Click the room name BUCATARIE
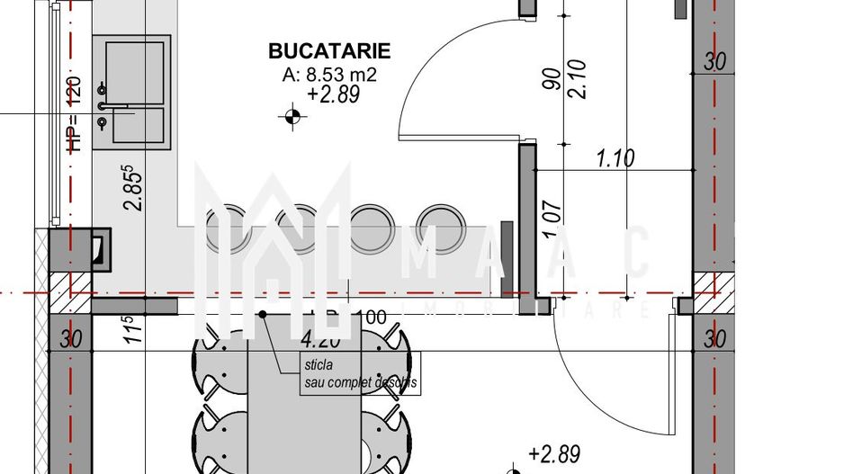pos(328,51)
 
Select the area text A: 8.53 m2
pos(328,76)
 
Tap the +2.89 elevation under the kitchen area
pos(333,95)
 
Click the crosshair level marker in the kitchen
pos(292,115)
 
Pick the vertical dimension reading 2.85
pos(133,186)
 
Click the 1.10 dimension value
pos(615,159)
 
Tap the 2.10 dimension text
pos(579,79)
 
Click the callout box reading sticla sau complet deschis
pos(360,375)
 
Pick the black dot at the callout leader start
pos(263,314)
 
